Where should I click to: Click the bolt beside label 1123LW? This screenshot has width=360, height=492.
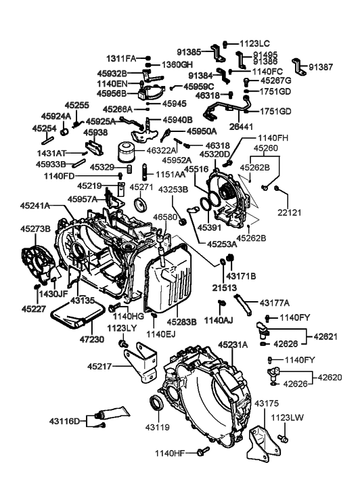click(284, 440)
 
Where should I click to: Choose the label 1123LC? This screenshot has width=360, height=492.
click(254, 42)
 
